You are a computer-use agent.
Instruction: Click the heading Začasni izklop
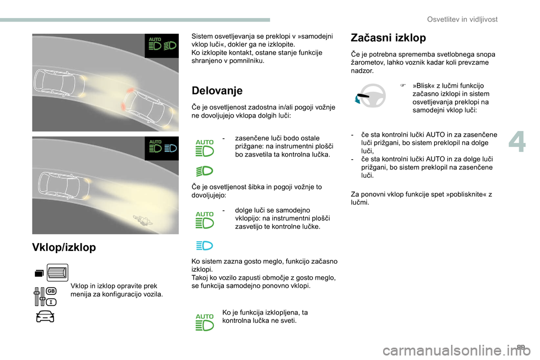coord(388,38)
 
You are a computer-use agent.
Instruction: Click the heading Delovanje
coord(217,91)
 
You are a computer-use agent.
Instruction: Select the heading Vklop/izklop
coord(64,247)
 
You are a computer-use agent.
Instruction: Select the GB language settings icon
coord(46,295)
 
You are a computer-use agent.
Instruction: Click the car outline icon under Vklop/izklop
coord(44,317)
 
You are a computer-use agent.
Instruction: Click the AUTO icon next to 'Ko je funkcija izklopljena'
coord(205,322)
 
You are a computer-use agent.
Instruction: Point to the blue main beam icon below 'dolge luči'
coord(205,245)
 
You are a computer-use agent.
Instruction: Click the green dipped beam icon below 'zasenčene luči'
coord(205,170)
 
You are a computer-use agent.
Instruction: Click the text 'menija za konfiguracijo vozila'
coord(117,294)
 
